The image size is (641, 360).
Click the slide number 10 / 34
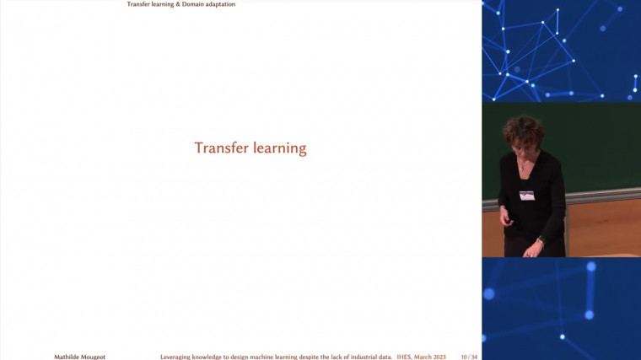click(469, 357)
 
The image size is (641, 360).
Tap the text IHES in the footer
click(405, 357)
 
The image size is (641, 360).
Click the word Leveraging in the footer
click(178, 357)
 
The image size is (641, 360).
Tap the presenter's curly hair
click(523, 128)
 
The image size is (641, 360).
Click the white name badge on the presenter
click(527, 196)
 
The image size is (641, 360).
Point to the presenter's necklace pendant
click(523, 170)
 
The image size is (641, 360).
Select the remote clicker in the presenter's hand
click(507, 221)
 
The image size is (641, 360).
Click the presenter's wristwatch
click(541, 242)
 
